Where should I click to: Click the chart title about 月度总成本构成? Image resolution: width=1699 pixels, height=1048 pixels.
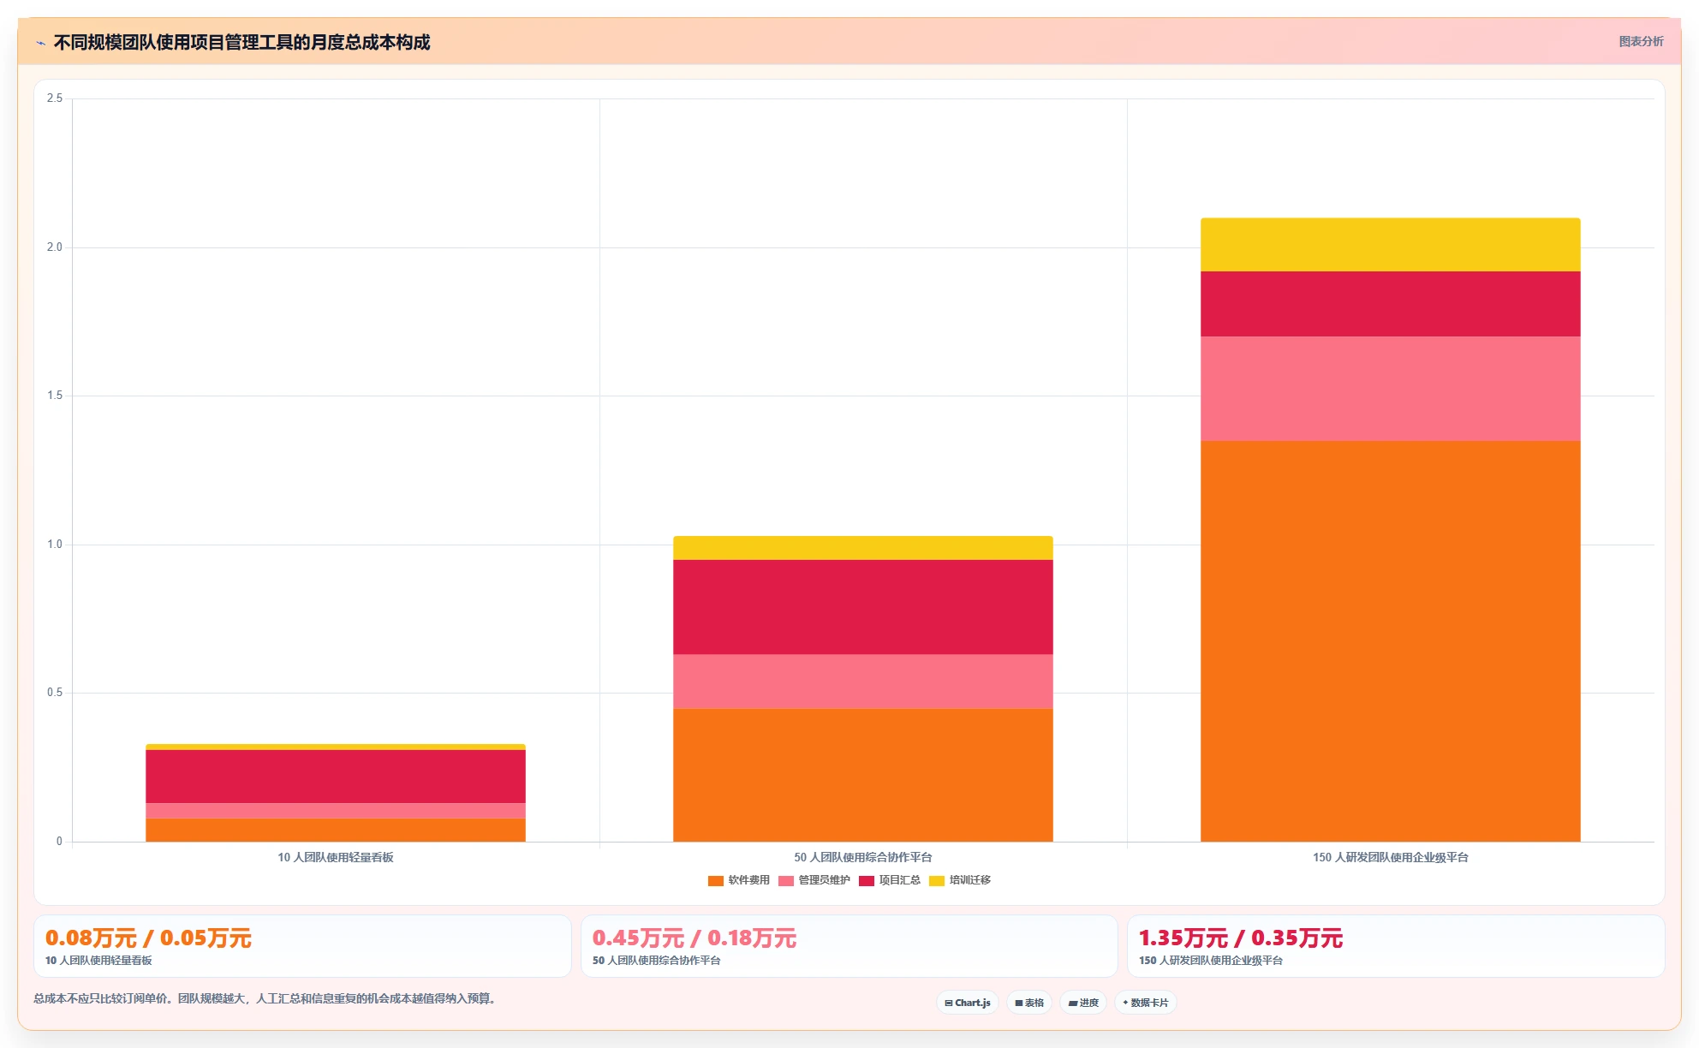[x=241, y=42]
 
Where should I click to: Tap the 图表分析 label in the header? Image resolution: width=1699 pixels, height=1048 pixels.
[x=1641, y=41]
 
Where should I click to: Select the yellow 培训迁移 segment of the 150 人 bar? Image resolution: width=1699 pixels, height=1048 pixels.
[x=1390, y=245]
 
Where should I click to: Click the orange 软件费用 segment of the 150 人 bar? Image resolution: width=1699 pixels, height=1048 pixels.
[x=1390, y=641]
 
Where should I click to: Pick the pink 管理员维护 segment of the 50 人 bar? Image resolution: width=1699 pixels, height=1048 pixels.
[x=862, y=682]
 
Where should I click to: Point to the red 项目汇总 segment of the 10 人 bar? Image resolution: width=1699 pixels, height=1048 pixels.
[x=335, y=777]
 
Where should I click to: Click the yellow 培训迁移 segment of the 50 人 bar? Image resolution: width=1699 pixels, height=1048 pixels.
[x=862, y=548]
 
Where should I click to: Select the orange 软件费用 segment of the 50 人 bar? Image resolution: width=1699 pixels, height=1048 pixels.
[x=862, y=775]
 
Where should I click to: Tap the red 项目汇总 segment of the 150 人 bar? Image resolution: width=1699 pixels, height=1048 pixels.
[x=1390, y=304]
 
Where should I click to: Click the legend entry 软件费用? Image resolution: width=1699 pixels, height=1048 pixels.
[x=739, y=880]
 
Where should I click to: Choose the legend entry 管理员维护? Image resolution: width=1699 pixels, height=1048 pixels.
[x=814, y=880]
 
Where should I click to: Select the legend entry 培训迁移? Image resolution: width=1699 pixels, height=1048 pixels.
[x=960, y=880]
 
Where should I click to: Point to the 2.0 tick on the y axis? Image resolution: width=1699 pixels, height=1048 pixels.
[x=55, y=247]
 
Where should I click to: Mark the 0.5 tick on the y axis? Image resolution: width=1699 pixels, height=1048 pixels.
[x=55, y=693]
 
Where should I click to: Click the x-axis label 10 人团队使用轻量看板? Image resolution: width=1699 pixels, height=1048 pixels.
[x=336, y=857]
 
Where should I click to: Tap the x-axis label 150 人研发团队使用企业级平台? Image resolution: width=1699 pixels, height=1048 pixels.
[x=1391, y=857]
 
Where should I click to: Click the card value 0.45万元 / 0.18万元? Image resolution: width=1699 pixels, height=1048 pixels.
[x=695, y=938]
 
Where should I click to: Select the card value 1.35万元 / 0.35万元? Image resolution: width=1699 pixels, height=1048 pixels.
[x=1241, y=938]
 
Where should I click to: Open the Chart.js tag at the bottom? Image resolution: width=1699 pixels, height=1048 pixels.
[x=968, y=1003]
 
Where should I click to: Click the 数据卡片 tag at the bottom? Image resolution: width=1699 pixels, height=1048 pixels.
[x=1146, y=1003]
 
